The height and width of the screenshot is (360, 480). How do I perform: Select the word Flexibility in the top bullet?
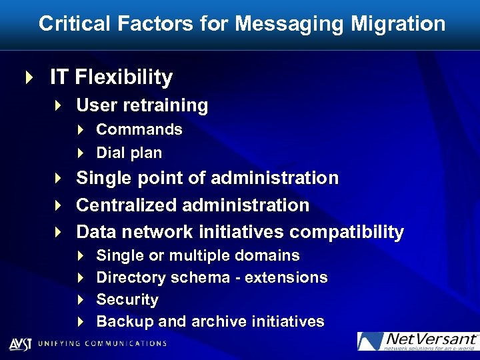123,77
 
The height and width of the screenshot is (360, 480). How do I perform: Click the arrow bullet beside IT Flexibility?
28,77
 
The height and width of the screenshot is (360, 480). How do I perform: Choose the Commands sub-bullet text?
139,129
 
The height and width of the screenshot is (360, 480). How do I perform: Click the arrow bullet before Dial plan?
81,153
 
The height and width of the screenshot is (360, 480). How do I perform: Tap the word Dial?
109,153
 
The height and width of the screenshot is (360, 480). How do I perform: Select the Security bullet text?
127,300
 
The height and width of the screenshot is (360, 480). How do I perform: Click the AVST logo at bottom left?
21,343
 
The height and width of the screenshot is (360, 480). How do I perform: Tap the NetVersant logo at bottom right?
417,341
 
